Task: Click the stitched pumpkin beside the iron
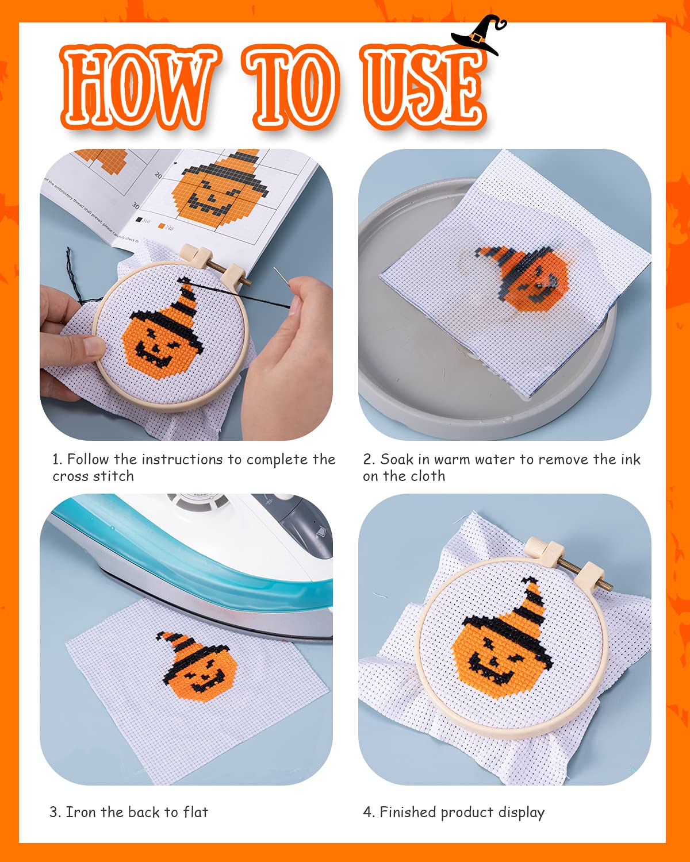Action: click(198, 667)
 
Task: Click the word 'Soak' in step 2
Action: click(396, 460)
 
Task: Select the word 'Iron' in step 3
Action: click(80, 812)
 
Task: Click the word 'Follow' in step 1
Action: click(87, 460)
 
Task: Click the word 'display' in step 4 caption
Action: click(521, 813)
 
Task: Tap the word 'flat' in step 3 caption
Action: click(195, 812)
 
